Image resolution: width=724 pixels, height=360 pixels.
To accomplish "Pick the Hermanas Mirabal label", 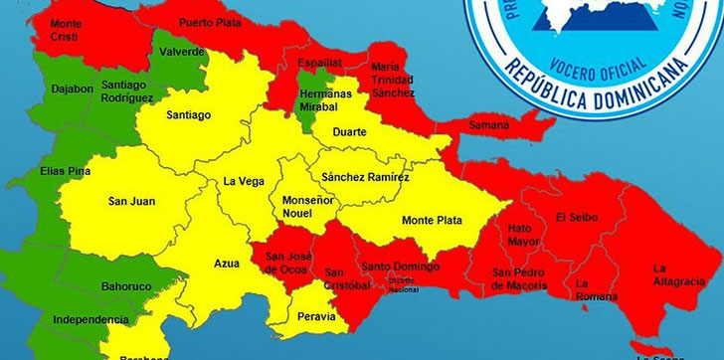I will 324,96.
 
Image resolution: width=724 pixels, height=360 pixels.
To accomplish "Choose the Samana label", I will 488,125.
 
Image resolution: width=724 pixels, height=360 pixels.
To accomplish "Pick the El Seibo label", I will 576,216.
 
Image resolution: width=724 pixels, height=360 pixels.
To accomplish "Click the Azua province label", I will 227,264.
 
